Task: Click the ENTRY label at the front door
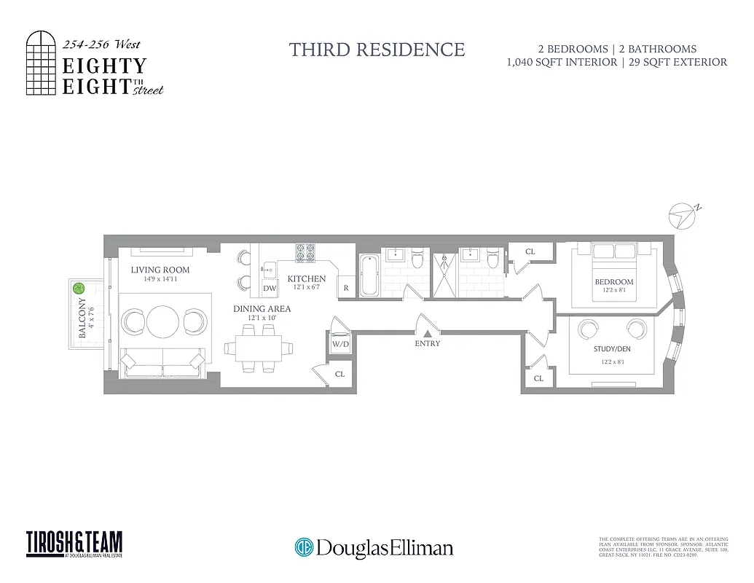[428, 343]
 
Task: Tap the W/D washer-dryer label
[340, 343]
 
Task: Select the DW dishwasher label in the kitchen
[270, 289]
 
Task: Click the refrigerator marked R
[345, 288]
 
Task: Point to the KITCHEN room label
[307, 279]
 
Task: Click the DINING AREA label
[262, 309]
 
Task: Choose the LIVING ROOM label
[160, 270]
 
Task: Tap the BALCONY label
[82, 318]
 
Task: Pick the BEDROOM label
[614, 282]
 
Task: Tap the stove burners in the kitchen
[305, 252]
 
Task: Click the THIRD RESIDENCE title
[377, 50]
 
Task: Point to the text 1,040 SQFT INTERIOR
[557, 63]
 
